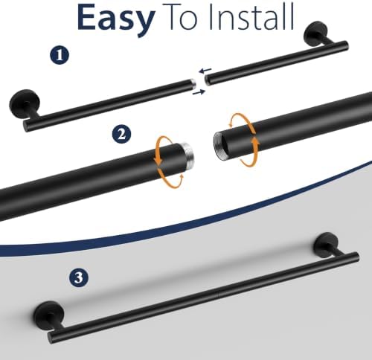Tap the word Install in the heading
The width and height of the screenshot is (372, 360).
251,16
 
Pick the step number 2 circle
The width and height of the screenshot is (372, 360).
121,134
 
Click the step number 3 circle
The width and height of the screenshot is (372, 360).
79,277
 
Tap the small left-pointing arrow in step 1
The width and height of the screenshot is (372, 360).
205,71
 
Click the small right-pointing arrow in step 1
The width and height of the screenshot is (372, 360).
199,92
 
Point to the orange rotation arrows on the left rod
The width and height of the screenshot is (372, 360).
170,162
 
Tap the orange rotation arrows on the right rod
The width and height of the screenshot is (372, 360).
245,140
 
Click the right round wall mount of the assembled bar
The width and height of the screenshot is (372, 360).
327,245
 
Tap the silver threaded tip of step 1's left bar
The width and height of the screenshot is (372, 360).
193,83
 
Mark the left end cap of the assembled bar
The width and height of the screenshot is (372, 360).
51,338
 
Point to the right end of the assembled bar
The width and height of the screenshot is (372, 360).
356,257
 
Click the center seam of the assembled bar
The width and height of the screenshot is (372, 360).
218,295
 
